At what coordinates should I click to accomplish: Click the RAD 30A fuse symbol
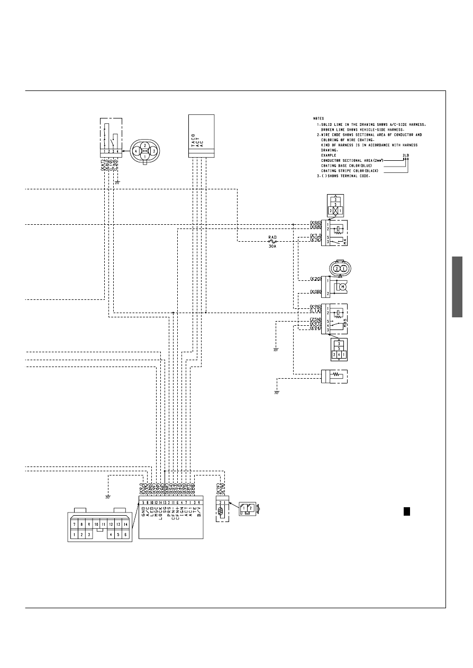point(274,241)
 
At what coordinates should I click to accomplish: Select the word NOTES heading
point(319,118)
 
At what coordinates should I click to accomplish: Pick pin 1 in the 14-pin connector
point(75,535)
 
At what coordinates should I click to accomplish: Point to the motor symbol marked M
point(342,287)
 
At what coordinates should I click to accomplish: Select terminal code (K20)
point(316,279)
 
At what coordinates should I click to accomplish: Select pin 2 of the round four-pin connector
point(144,145)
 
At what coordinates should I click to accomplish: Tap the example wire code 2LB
point(406,155)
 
